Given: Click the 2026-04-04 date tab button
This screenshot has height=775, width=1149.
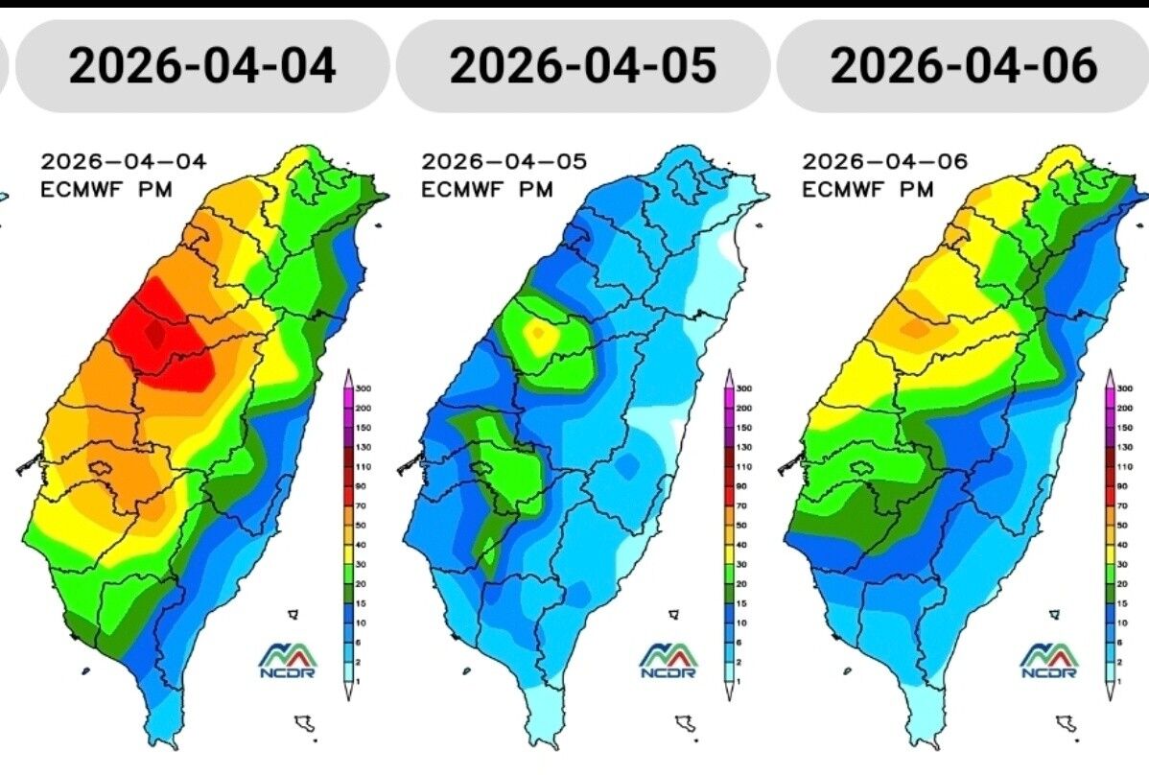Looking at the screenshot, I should pyautogui.click(x=202, y=65).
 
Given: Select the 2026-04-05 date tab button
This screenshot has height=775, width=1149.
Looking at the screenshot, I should pyautogui.click(x=583, y=65).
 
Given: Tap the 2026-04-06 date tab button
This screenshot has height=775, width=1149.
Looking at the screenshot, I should pyautogui.click(x=964, y=65).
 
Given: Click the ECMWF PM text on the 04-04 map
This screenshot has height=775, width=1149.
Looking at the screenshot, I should pyautogui.click(x=106, y=190).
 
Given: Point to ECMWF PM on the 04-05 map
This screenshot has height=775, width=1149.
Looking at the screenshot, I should pyautogui.click(x=487, y=190).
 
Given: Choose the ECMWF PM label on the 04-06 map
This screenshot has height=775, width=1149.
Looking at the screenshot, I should pyautogui.click(x=868, y=190).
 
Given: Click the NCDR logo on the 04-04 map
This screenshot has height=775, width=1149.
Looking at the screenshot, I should pyautogui.click(x=287, y=660).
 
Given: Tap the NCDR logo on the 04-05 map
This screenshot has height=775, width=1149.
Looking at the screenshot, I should pyautogui.click(x=668, y=660).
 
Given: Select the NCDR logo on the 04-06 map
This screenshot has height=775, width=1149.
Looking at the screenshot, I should pyautogui.click(x=1049, y=660).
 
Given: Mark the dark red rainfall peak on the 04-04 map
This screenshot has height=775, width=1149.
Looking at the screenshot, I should pyautogui.click(x=153, y=333).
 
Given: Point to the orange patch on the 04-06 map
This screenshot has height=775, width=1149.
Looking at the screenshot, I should pyautogui.click(x=916, y=329).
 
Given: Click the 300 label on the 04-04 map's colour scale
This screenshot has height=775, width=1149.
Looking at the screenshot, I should pyautogui.click(x=363, y=388).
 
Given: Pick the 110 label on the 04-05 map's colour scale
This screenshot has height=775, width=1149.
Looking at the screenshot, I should pyautogui.click(x=744, y=466).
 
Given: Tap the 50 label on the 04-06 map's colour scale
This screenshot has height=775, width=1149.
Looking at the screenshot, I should pyautogui.click(x=1124, y=525).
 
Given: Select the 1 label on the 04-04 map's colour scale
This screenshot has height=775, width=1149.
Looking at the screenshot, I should pyautogui.click(x=362, y=680).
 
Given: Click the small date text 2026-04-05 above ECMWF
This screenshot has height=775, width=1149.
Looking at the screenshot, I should pyautogui.click(x=504, y=162).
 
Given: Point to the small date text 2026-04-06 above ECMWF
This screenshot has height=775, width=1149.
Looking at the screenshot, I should pyautogui.click(x=884, y=162).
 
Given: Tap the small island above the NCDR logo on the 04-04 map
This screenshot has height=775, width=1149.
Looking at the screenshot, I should pyautogui.click(x=293, y=614).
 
